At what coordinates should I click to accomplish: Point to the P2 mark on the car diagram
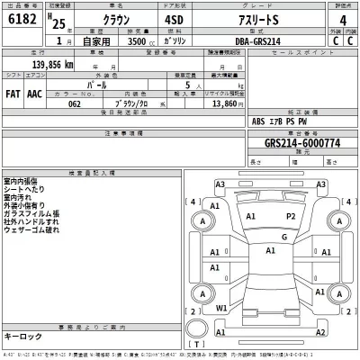click(x=290, y=217)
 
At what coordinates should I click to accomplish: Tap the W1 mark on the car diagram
click(x=221, y=307)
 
